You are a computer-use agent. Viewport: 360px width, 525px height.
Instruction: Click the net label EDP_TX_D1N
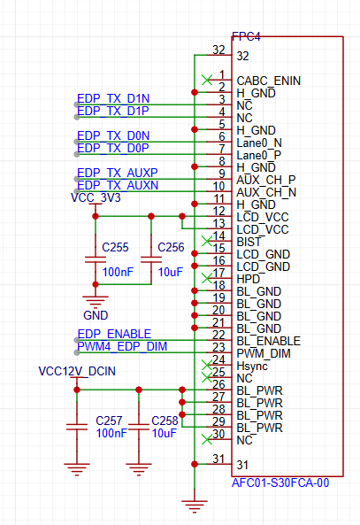coord(113,98)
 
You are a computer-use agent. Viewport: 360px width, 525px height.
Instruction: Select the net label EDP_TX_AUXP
coord(117,173)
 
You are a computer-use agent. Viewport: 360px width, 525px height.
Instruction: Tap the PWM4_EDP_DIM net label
coord(122,346)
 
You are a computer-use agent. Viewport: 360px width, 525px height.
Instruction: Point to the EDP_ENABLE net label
coord(114,334)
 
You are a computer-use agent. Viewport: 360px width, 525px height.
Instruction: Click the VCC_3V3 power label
coord(96,197)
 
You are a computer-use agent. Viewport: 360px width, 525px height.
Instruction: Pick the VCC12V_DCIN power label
coord(77,371)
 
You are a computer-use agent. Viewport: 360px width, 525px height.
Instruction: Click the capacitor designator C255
coord(115,247)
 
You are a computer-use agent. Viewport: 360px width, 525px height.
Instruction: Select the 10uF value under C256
coord(171,272)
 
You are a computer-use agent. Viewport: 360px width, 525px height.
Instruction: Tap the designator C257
coord(109,421)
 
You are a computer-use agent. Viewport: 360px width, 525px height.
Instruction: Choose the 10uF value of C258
coord(164,433)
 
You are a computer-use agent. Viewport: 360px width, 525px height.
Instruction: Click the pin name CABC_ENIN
coord(269,81)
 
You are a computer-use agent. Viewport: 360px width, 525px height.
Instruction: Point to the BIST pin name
coord(249,242)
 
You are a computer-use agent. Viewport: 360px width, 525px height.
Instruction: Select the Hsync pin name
coord(252,366)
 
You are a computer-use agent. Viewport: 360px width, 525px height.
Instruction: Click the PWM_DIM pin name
coord(264,353)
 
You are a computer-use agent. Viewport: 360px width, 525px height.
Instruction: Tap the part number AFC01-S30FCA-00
coord(280,483)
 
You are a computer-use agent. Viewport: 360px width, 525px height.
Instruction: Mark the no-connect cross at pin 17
coord(207,278)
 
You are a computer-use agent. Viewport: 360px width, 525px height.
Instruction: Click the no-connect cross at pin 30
coord(207,439)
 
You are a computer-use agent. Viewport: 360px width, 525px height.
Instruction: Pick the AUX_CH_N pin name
coord(266,192)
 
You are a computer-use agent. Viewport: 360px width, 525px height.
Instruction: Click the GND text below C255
coord(96,315)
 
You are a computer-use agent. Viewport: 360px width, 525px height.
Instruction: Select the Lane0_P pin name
coord(259,155)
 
